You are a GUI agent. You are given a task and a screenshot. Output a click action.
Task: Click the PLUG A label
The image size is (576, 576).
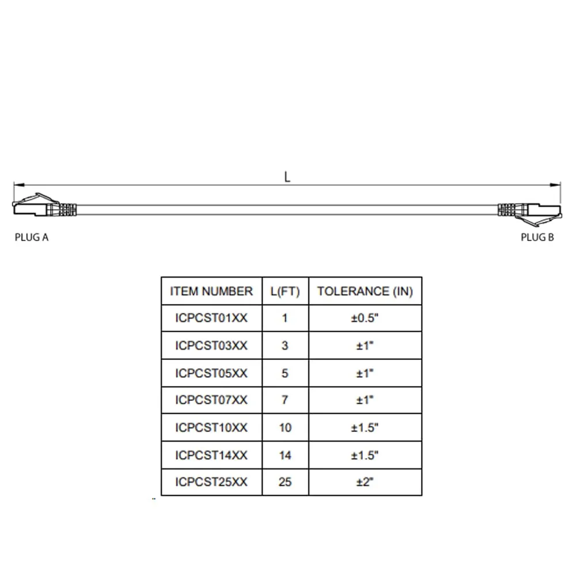(x=32, y=237)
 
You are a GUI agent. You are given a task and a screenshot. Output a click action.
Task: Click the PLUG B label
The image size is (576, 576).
(x=537, y=237)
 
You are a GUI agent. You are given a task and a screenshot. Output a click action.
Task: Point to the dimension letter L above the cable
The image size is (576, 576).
(x=287, y=177)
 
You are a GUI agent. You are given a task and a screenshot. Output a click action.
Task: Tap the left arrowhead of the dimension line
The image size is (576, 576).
(x=19, y=185)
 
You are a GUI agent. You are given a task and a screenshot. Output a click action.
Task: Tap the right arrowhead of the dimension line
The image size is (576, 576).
(x=555, y=185)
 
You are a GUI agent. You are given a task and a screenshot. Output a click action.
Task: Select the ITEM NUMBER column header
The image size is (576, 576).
(x=211, y=291)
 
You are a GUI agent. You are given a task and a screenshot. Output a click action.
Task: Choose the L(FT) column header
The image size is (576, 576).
(x=285, y=291)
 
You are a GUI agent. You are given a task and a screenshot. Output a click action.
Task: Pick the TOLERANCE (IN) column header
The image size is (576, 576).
(x=365, y=291)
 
